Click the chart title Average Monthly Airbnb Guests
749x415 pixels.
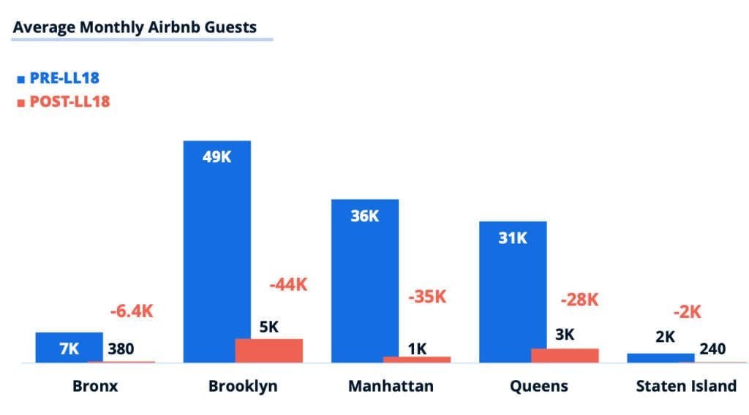point(135,28)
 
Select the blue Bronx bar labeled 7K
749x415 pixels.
point(69,348)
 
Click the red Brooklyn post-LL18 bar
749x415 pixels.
point(268,351)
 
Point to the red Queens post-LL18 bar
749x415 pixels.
point(564,355)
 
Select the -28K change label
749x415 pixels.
point(579,300)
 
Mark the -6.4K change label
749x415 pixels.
point(132,311)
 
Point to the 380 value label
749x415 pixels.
point(121,349)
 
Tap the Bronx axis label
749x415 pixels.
point(95,386)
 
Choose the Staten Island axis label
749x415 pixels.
point(685,386)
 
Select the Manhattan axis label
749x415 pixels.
point(391,386)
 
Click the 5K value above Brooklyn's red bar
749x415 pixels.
point(268,327)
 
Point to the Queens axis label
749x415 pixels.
point(539,386)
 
